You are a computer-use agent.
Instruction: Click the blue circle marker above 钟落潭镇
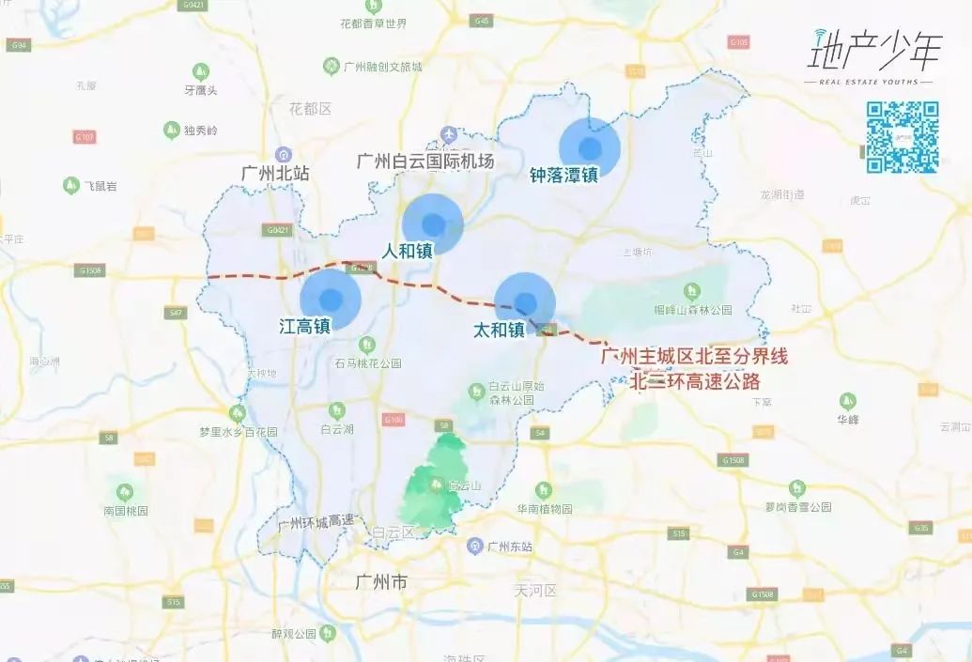coord(590,147)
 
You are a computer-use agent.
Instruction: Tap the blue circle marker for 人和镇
coord(433,224)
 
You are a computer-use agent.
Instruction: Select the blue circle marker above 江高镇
coord(331,300)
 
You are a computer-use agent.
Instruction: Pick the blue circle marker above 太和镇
coord(525,303)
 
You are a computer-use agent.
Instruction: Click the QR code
coord(902,137)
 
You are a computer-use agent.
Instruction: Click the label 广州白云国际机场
coord(425,162)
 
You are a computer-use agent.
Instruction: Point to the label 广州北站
coord(275,173)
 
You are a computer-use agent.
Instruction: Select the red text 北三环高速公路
coord(695,381)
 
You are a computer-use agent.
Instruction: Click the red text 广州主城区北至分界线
coord(694,357)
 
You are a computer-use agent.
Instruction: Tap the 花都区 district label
coord(311,109)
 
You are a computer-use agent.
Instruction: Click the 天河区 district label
coord(535,591)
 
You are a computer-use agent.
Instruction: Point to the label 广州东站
coord(510,547)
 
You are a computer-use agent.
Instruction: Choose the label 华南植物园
coord(545,509)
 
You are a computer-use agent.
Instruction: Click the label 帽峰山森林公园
coord(693,310)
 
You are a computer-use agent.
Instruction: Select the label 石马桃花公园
coord(368,363)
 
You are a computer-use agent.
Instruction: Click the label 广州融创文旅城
coord(383,67)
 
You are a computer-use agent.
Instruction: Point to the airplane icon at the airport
coord(448,135)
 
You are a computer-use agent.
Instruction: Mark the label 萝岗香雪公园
coord(797,506)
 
